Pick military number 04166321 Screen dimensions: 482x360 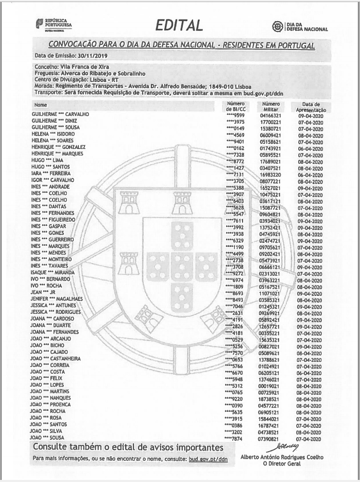[x=269, y=115]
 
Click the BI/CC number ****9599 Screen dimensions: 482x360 [x=235, y=115]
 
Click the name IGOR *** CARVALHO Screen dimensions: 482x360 [x=53, y=180]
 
